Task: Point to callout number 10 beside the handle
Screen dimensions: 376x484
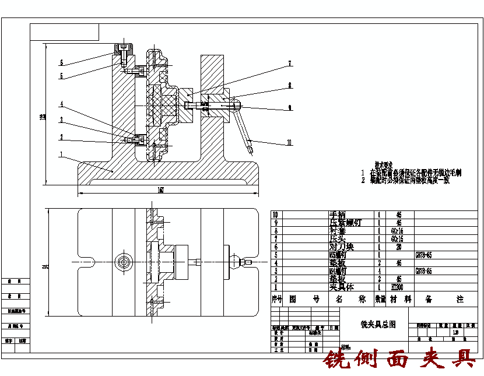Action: pyautogui.click(x=289, y=142)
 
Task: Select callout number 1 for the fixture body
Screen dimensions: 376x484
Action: pyautogui.click(x=61, y=154)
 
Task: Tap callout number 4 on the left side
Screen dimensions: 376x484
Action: pyautogui.click(x=61, y=105)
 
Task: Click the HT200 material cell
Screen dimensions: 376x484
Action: pyautogui.click(x=398, y=287)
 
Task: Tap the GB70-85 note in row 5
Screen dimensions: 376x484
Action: pyautogui.click(x=423, y=255)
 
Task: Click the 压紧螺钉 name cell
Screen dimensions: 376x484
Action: pyautogui.click(x=345, y=223)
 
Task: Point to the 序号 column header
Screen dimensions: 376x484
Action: pyautogui.click(x=277, y=299)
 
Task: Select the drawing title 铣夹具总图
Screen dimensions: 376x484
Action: pyautogui.click(x=378, y=324)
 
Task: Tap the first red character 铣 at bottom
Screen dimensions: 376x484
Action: pyautogui.click(x=337, y=360)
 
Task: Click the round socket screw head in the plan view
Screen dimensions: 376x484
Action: pyautogui.click(x=124, y=262)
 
